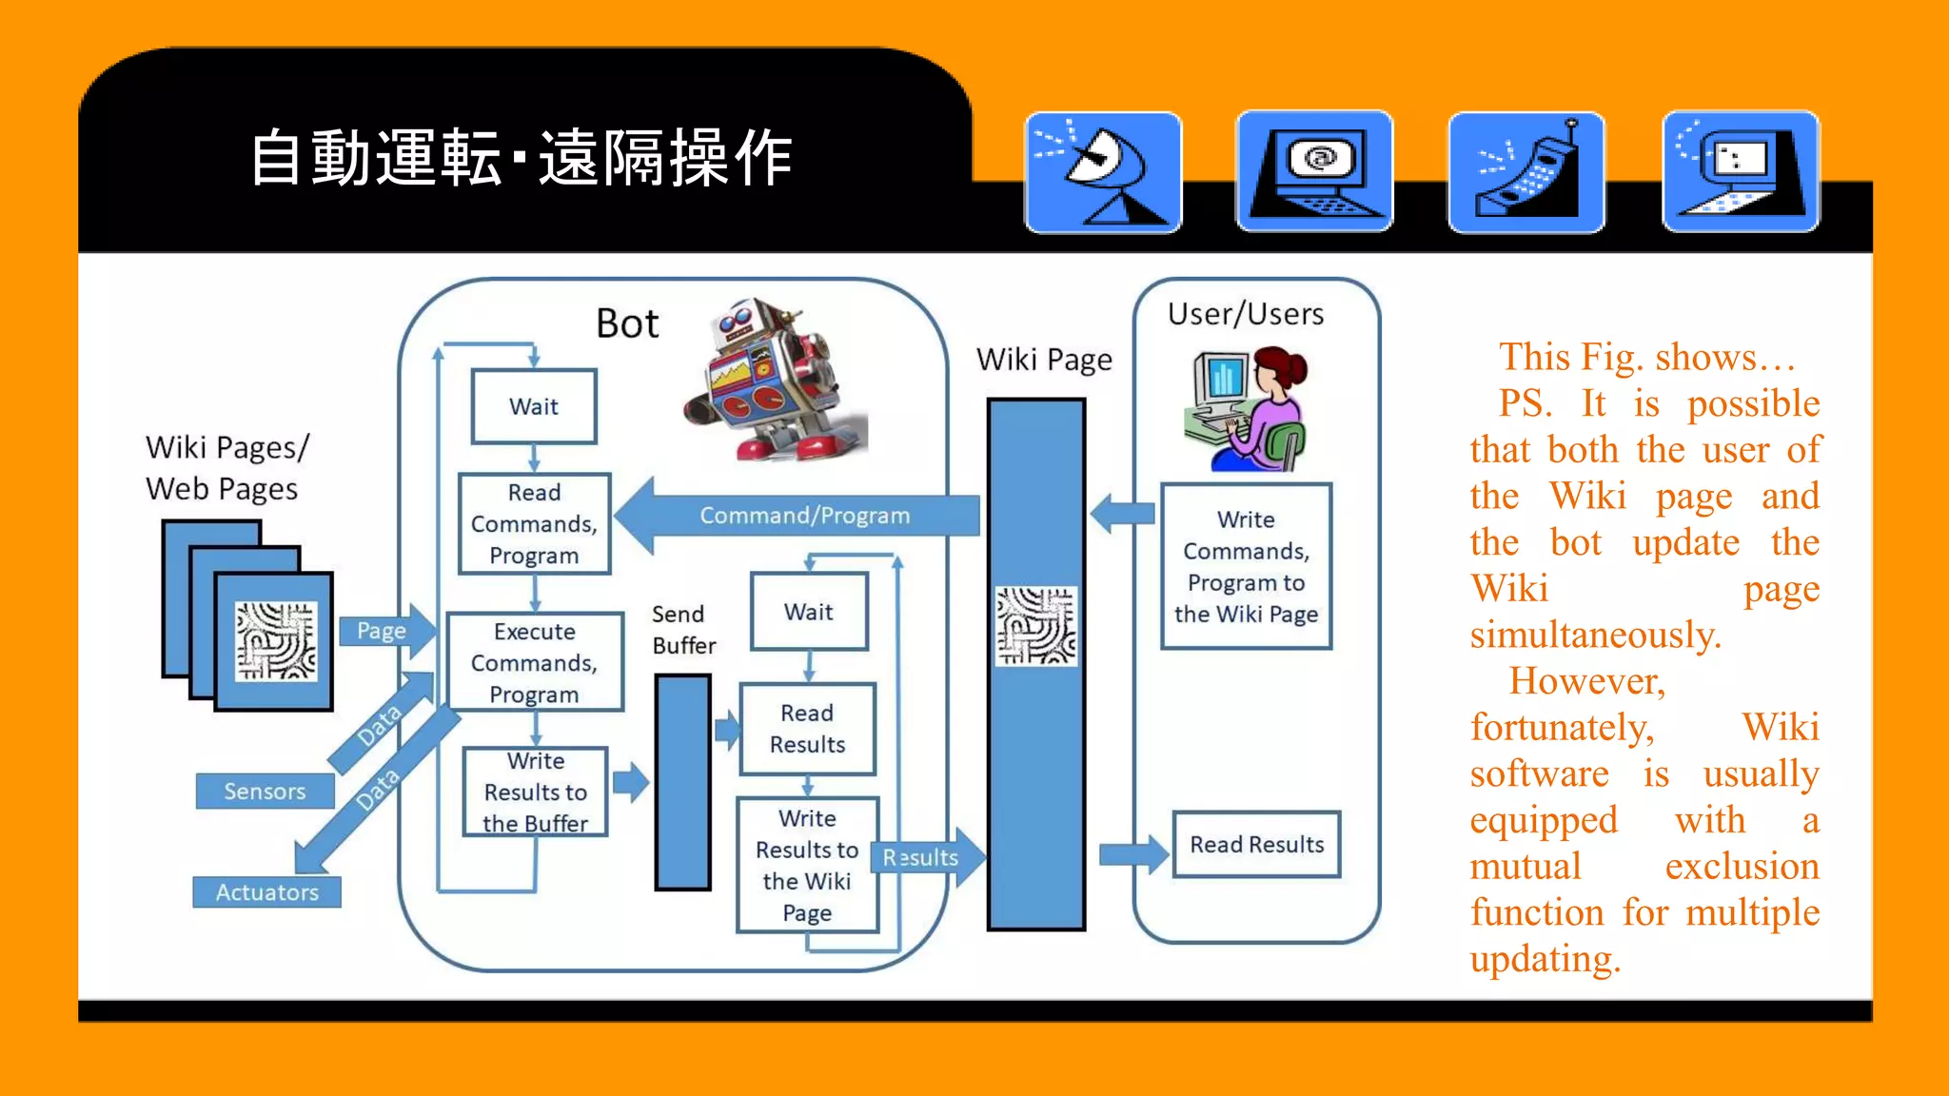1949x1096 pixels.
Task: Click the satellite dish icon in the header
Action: [x=1103, y=172]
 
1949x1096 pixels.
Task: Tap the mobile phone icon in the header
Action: [x=1526, y=172]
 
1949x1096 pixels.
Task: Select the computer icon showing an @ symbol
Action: [x=1314, y=172]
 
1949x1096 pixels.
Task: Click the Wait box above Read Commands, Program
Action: [x=534, y=406]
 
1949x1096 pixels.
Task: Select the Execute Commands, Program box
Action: [x=535, y=662]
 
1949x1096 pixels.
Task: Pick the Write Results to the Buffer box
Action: [x=535, y=792]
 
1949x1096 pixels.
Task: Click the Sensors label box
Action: [x=265, y=791]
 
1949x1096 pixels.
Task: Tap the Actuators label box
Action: [x=266, y=892]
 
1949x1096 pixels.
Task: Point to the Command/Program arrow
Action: [x=804, y=516]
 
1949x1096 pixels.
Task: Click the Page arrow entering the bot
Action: [x=385, y=631]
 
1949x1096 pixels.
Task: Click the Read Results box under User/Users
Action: [x=1256, y=844]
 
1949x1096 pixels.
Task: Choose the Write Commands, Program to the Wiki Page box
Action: [x=1246, y=567]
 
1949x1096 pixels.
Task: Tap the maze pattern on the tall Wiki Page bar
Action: [x=1035, y=626]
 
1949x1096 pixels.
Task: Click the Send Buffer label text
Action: [x=683, y=630]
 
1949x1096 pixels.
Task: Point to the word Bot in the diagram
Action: [x=627, y=324]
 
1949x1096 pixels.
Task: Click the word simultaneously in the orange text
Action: [x=1595, y=635]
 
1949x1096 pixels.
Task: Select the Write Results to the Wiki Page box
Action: [x=807, y=865]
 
